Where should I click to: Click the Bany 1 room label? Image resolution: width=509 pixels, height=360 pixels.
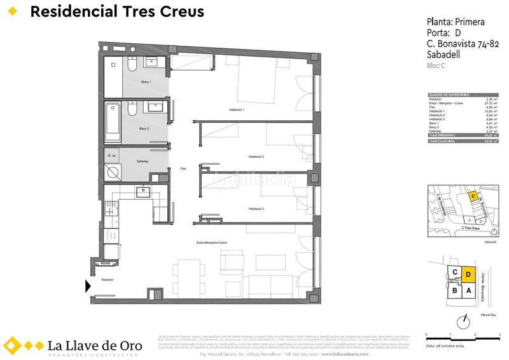(145, 83)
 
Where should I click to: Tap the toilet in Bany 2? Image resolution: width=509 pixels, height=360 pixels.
(131, 111)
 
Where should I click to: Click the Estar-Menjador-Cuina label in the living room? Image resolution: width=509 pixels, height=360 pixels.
(212, 243)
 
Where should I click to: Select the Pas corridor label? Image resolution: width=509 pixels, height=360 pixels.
(183, 169)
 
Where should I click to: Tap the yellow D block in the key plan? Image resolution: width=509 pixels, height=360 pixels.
(468, 275)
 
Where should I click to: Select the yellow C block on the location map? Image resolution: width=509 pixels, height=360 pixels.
(472, 197)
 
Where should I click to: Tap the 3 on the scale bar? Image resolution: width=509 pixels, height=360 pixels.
(499, 333)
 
